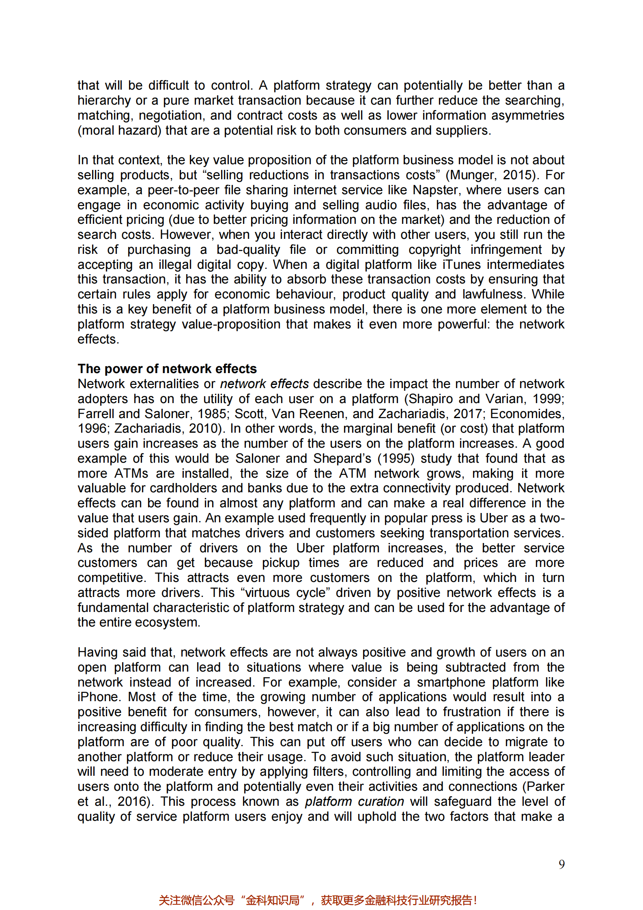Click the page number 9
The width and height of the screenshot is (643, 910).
[561, 864]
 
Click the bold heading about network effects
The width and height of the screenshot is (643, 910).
[167, 369]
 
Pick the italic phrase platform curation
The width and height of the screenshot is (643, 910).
[355, 801]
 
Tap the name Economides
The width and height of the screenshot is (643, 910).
[527, 414]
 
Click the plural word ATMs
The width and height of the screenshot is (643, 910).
[131, 473]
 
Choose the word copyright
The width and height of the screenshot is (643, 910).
[434, 249]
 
